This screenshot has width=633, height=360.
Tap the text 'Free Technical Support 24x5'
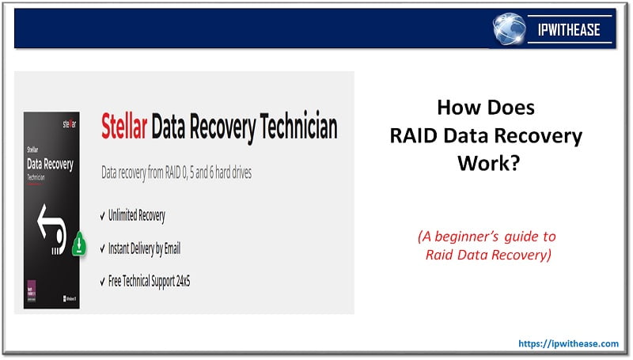155,282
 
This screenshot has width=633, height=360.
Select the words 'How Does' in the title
486,108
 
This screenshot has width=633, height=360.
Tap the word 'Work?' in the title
486,164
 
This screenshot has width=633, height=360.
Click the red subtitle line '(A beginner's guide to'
487,237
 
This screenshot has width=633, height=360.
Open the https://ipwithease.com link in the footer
568,343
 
